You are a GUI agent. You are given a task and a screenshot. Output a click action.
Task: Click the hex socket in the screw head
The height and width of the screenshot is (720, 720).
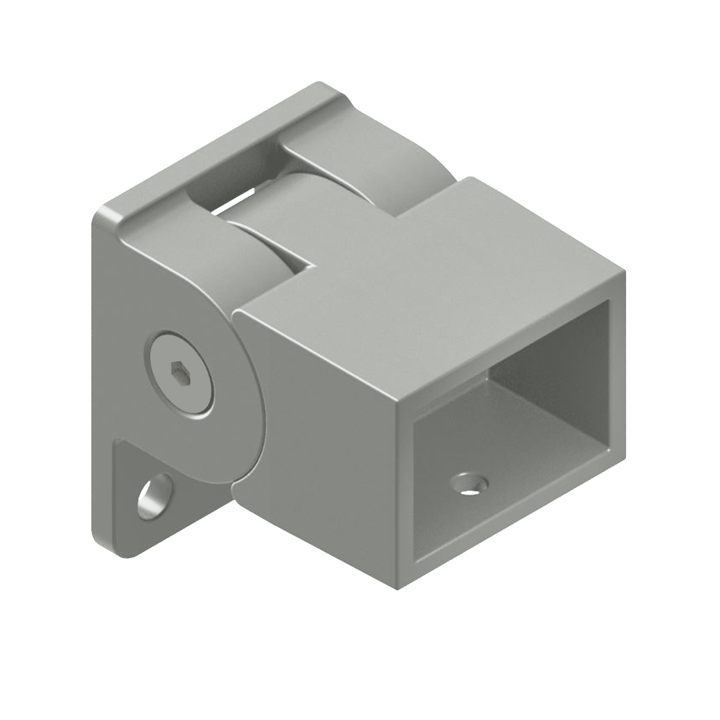coord(180,374)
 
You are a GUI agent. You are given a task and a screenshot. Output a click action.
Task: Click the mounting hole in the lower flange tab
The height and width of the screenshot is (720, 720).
coord(155,496)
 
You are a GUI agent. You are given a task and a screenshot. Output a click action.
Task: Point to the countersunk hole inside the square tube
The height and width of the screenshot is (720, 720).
coord(470,483)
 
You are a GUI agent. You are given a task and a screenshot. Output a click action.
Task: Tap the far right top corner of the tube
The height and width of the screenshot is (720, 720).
coord(624,272)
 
